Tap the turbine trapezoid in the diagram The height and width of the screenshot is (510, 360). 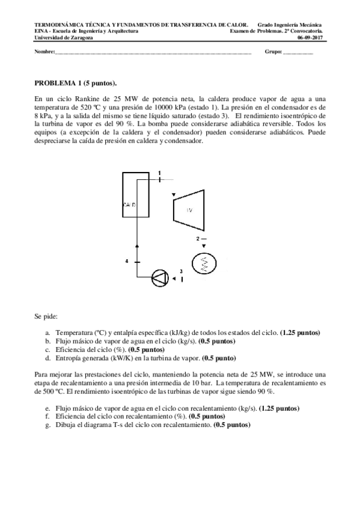coord(189,210)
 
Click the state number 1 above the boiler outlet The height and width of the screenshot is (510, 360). coord(159,173)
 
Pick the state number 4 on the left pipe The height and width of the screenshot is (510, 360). coord(127,262)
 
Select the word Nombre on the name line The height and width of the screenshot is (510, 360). coord(44,52)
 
